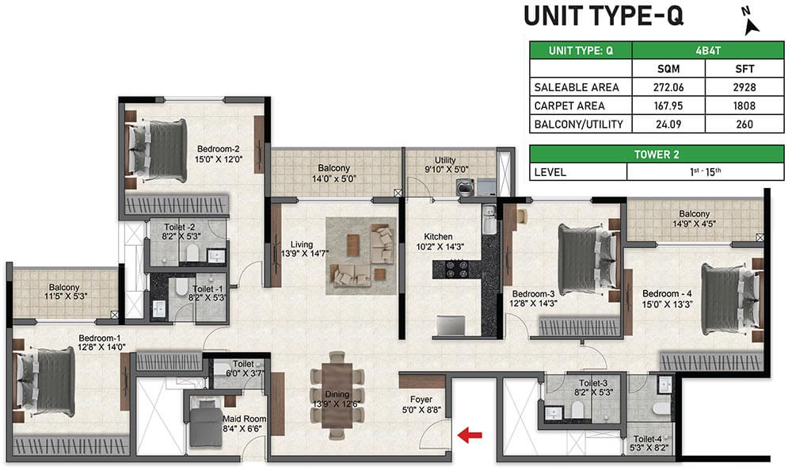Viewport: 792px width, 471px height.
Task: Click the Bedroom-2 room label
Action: click(218, 153)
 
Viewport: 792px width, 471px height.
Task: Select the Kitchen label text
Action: click(438, 236)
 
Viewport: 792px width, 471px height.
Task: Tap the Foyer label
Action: click(421, 400)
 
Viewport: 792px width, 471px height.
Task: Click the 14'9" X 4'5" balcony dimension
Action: click(694, 224)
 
